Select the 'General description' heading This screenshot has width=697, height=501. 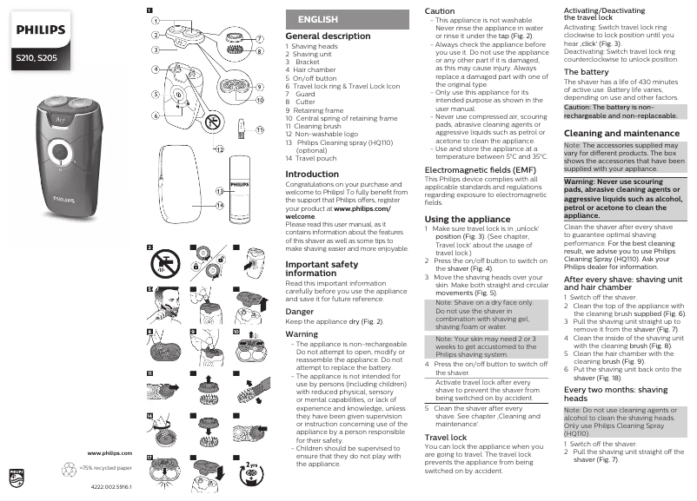[328, 36]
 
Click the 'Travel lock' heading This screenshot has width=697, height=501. [446, 438]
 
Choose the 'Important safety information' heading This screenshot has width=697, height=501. [321, 268]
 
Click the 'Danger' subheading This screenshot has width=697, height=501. [300, 310]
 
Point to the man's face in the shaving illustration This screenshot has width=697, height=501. [165, 301]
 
